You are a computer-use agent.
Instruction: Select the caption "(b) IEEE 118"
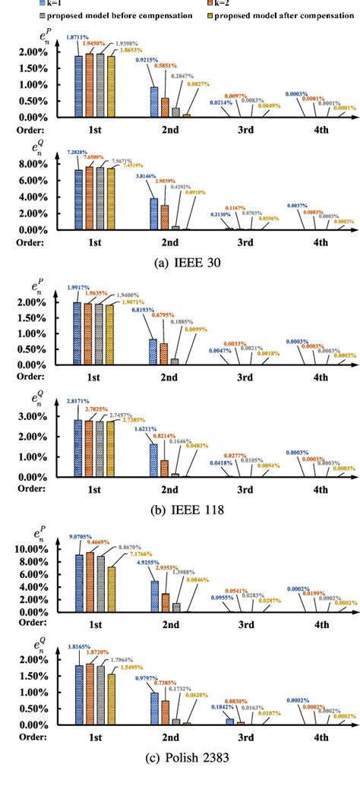(x=179, y=510)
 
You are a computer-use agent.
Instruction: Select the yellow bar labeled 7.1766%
(x=112, y=593)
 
